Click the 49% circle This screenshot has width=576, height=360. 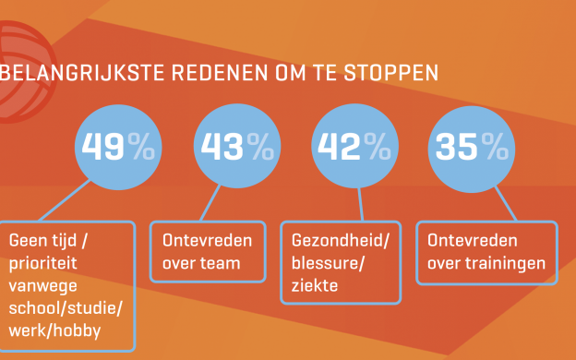(x=117, y=147)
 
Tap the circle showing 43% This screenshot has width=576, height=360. (x=235, y=147)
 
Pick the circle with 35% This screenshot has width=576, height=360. (x=471, y=147)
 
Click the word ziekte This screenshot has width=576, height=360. (x=311, y=286)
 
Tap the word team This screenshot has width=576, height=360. (x=222, y=264)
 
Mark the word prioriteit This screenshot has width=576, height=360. (x=46, y=264)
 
